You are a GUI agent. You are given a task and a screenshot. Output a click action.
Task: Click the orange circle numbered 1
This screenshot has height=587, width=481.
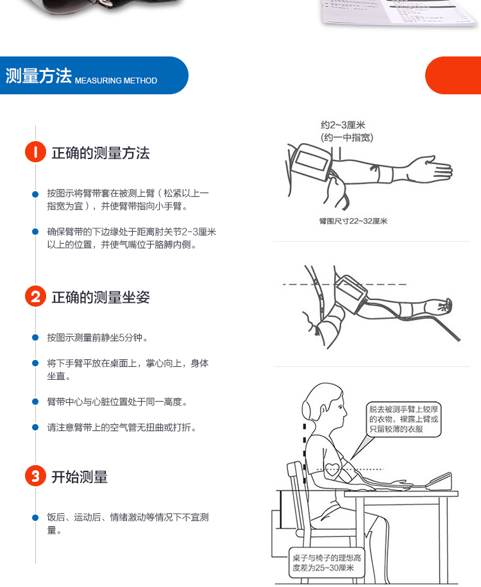click(35, 152)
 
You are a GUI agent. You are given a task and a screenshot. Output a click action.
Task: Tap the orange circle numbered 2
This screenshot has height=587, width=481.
click(35, 296)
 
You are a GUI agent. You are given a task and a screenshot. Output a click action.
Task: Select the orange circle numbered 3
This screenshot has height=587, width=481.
click(35, 476)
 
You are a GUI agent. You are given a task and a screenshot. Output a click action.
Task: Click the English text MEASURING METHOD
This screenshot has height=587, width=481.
click(116, 80)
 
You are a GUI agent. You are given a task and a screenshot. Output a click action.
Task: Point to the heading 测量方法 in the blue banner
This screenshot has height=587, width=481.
click(38, 76)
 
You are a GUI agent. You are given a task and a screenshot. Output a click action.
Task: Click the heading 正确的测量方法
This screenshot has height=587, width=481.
click(101, 153)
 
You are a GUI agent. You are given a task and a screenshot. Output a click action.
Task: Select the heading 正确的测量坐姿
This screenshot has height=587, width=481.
click(101, 297)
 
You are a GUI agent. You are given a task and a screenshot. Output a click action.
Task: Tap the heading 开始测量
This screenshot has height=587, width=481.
click(80, 477)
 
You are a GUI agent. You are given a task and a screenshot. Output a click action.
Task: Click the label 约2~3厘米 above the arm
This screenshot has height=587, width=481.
click(342, 124)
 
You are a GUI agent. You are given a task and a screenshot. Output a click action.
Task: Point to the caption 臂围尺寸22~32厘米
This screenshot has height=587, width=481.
click(353, 221)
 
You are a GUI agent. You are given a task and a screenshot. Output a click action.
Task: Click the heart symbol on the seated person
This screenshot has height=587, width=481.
click(332, 469)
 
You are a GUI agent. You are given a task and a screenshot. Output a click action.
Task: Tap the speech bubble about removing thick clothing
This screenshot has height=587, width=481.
click(403, 420)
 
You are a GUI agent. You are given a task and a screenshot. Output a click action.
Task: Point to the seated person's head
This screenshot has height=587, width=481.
click(324, 405)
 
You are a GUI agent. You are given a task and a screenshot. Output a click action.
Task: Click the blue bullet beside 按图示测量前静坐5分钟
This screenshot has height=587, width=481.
click(35, 337)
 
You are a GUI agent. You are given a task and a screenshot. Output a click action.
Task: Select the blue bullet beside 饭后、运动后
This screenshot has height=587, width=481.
click(35, 518)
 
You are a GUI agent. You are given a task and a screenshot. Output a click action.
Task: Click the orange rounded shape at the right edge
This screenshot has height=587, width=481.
click(453, 75)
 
